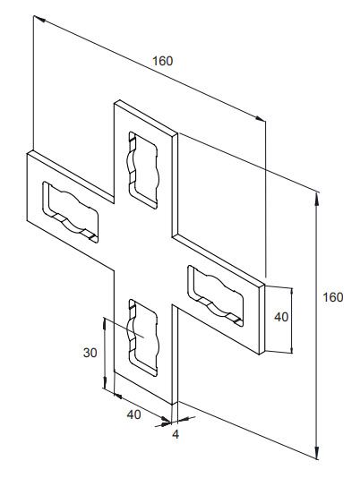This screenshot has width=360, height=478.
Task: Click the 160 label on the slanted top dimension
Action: [x=163, y=61]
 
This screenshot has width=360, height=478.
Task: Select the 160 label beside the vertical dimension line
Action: [x=333, y=297]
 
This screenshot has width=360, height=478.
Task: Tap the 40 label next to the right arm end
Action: [x=281, y=317]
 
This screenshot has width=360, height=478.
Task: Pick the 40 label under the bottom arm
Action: [x=134, y=414]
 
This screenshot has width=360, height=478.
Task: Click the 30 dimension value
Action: [x=90, y=353]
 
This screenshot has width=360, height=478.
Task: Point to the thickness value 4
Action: [x=176, y=434]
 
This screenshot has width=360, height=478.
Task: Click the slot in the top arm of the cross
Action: [x=143, y=170]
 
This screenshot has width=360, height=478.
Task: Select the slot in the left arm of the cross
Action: [x=71, y=212]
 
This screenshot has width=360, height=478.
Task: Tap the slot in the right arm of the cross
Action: [x=216, y=295]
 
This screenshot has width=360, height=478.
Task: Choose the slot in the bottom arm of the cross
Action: [x=143, y=337]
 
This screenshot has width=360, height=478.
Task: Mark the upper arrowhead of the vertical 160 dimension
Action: [x=317, y=200]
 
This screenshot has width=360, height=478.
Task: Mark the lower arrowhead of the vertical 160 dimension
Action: [x=317, y=450]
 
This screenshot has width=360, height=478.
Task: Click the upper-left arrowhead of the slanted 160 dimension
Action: [x=39, y=19]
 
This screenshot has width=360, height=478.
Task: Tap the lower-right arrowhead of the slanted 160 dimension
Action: [x=260, y=119]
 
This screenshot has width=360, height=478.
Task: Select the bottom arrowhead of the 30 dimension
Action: [x=105, y=382]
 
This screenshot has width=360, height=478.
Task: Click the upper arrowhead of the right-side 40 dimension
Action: [x=292, y=294]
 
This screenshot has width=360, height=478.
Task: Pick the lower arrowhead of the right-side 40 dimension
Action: [x=292, y=348]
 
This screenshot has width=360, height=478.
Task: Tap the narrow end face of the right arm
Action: [x=261, y=320]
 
